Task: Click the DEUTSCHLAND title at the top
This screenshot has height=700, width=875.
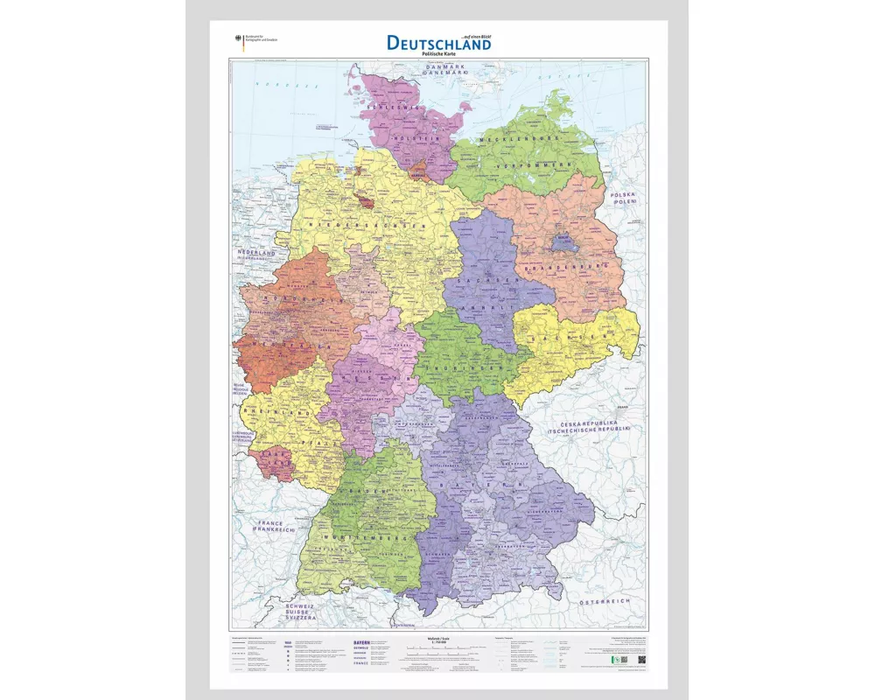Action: pyautogui.click(x=438, y=42)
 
